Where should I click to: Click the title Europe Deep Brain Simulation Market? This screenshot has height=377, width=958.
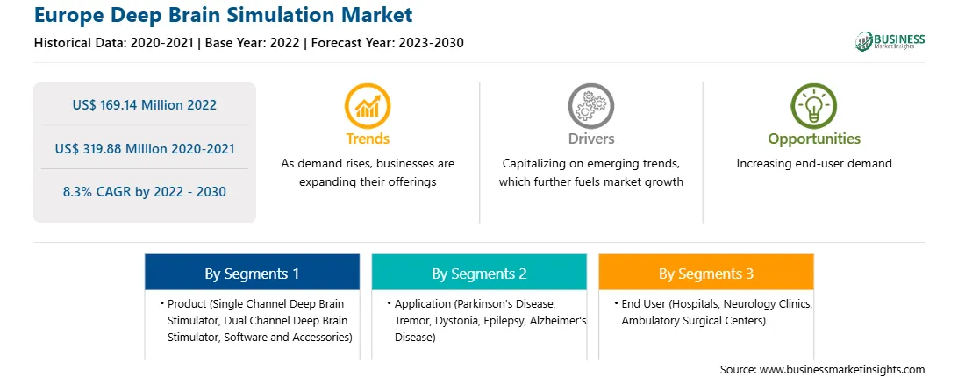[224, 15]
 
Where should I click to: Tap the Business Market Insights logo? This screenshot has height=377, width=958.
[890, 41]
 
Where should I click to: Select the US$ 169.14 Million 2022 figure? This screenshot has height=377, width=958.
[144, 105]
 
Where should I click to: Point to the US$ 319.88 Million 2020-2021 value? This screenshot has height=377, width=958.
[144, 148]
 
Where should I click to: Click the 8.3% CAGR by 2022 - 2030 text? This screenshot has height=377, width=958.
[144, 192]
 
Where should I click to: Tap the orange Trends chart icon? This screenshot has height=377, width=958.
[368, 106]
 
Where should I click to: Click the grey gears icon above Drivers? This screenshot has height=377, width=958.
[590, 106]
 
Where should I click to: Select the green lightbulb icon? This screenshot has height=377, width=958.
[814, 106]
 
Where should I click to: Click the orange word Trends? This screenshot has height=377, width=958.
[368, 139]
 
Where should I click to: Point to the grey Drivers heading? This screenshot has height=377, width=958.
[591, 139]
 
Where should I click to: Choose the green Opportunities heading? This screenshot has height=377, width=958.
[814, 139]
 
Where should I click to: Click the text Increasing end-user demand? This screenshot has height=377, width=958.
[814, 164]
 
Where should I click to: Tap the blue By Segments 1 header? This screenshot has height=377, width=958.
[253, 273]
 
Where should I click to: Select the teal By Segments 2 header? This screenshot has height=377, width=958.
[479, 273]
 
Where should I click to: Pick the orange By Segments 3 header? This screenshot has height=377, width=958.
[706, 273]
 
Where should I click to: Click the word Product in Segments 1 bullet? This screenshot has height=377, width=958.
[186, 303]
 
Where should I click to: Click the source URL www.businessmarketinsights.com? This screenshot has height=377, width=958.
[842, 369]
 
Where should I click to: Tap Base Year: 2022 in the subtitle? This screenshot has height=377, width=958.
[253, 43]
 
